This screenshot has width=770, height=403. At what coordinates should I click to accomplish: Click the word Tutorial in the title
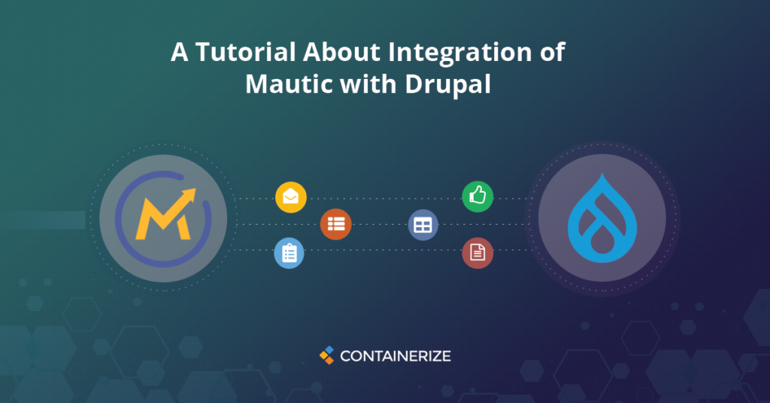246,52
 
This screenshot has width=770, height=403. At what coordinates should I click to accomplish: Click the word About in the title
342,52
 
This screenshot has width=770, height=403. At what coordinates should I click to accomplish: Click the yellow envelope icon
291,197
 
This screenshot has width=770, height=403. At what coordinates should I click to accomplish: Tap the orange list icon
336,224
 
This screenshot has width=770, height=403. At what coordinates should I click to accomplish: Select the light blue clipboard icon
290,253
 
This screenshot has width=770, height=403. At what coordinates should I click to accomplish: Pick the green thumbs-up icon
477,196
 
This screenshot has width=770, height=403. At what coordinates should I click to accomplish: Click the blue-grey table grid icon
423,226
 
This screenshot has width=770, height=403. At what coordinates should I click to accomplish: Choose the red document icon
477,253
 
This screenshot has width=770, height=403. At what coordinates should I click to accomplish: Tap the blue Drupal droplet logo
602,218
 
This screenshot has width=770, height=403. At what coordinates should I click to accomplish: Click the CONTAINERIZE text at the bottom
396,356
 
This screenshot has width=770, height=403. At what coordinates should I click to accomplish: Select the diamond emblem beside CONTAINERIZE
327,356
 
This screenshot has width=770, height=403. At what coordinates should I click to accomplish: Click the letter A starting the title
179,52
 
